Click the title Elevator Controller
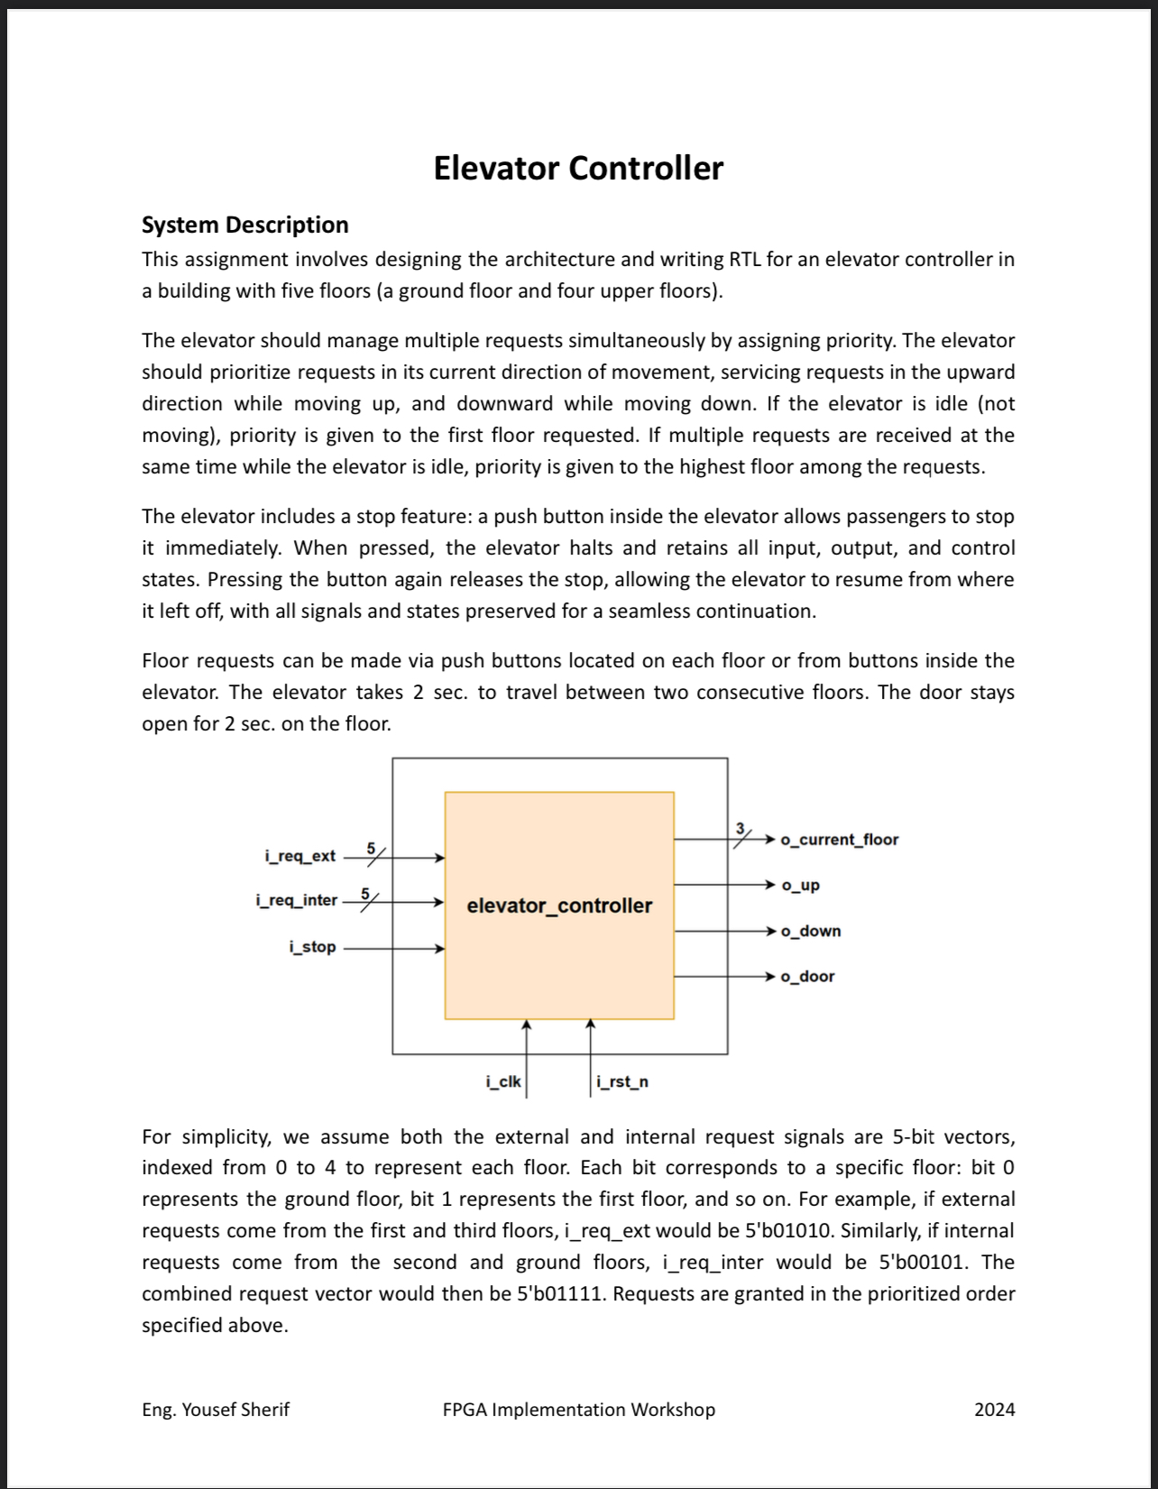[x=578, y=169]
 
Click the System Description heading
[x=244, y=225]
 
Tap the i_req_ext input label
[x=299, y=856]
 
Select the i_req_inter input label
[x=296, y=900]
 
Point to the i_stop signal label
[x=312, y=947]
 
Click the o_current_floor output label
[x=839, y=840]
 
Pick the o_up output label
[x=800, y=885]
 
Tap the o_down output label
[x=810, y=931]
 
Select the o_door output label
[x=807, y=977]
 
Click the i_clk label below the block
[x=502, y=1081]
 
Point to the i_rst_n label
[x=622, y=1081]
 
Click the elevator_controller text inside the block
[x=559, y=905]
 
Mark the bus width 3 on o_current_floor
[x=740, y=828]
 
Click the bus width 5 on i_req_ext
[x=371, y=847]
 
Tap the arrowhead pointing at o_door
[x=770, y=977]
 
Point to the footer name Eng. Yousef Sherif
[x=216, y=1410]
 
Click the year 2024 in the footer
[x=994, y=1410]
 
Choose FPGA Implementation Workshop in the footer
[x=578, y=1410]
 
